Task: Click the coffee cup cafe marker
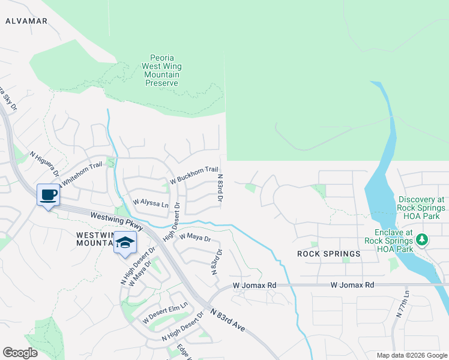pyautogui.click(x=48, y=194)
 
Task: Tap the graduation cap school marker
pyautogui.click(x=125, y=243)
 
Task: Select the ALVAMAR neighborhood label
pyautogui.click(x=26, y=21)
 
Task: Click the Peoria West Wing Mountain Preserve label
pyautogui.click(x=161, y=71)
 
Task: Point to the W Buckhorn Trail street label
pyautogui.click(x=194, y=175)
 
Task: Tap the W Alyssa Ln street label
pyautogui.click(x=151, y=203)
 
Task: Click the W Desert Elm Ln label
pyautogui.click(x=165, y=312)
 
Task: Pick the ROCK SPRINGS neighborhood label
pyautogui.click(x=329, y=254)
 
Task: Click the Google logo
pyautogui.click(x=20, y=353)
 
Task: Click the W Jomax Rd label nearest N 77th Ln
pyautogui.click(x=352, y=285)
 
